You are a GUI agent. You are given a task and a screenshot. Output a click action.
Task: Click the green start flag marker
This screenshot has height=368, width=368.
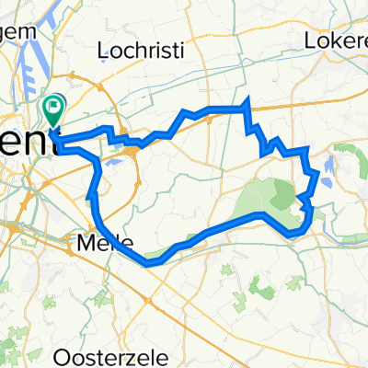tap(54, 110)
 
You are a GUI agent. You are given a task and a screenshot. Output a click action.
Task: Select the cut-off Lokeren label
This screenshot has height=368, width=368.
tap(337, 40)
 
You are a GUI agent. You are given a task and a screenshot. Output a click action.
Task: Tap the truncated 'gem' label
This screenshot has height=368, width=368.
tap(18, 30)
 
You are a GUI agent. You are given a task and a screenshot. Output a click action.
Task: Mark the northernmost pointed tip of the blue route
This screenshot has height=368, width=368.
tap(247, 99)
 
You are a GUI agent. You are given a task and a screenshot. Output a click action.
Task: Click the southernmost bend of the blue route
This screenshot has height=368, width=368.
tap(152, 263)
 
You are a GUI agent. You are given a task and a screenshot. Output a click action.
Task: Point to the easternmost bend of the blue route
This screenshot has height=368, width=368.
tap(318, 173)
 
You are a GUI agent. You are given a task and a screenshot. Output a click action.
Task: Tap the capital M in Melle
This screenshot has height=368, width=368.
tap(85, 245)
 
